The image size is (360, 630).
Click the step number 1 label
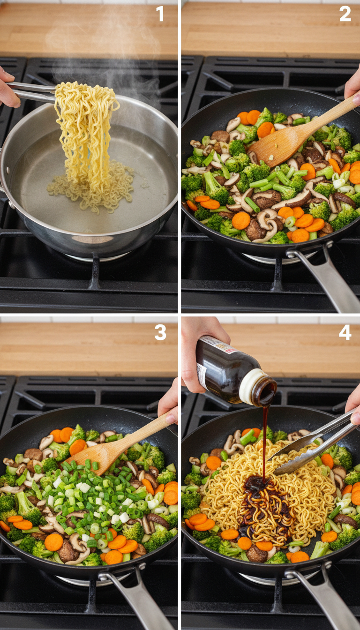[x=160, y=14]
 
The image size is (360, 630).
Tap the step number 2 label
[x=345, y=14]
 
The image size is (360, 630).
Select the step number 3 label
[x=160, y=333]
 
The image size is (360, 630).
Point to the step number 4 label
[x=345, y=333]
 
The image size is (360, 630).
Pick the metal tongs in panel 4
[x=314, y=445]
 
